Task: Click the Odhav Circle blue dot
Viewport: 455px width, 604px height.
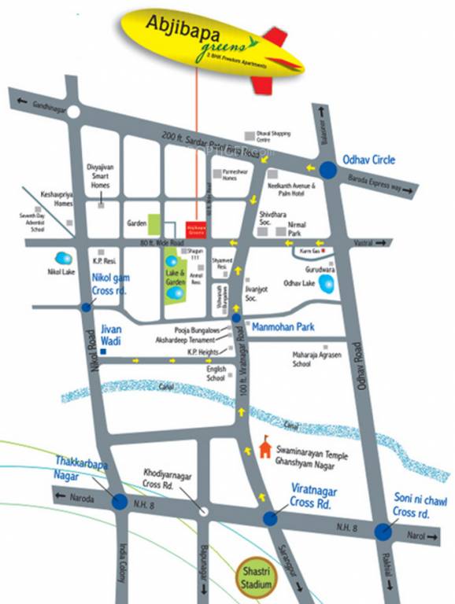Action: tap(327, 169)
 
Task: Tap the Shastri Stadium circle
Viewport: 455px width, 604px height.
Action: tap(257, 579)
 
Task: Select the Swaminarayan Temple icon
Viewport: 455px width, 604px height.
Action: tap(264, 449)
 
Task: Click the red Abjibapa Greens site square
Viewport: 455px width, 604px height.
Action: tap(195, 229)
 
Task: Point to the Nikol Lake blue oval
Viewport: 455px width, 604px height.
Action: tap(61, 258)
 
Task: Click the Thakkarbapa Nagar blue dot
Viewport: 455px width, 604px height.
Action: tap(120, 501)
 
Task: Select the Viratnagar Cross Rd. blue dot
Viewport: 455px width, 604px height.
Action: tap(270, 518)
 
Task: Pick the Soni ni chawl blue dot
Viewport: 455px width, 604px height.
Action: tap(383, 531)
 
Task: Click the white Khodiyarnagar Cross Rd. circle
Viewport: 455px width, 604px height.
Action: tap(203, 510)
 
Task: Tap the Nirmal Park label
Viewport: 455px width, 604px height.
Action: tap(295, 229)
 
